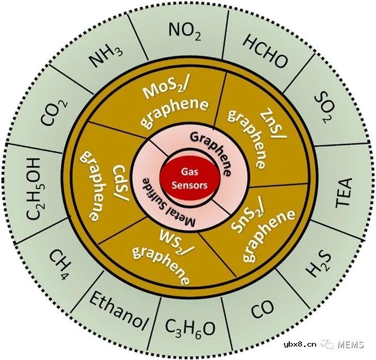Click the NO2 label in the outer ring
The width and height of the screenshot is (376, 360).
[185, 32]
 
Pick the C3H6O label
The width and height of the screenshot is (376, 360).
[190, 330]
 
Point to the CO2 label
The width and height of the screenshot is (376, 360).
[54, 112]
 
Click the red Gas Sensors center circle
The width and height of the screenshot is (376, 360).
[190, 178]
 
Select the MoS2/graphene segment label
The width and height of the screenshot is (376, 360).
[172, 103]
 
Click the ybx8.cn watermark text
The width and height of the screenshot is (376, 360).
[300, 345]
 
